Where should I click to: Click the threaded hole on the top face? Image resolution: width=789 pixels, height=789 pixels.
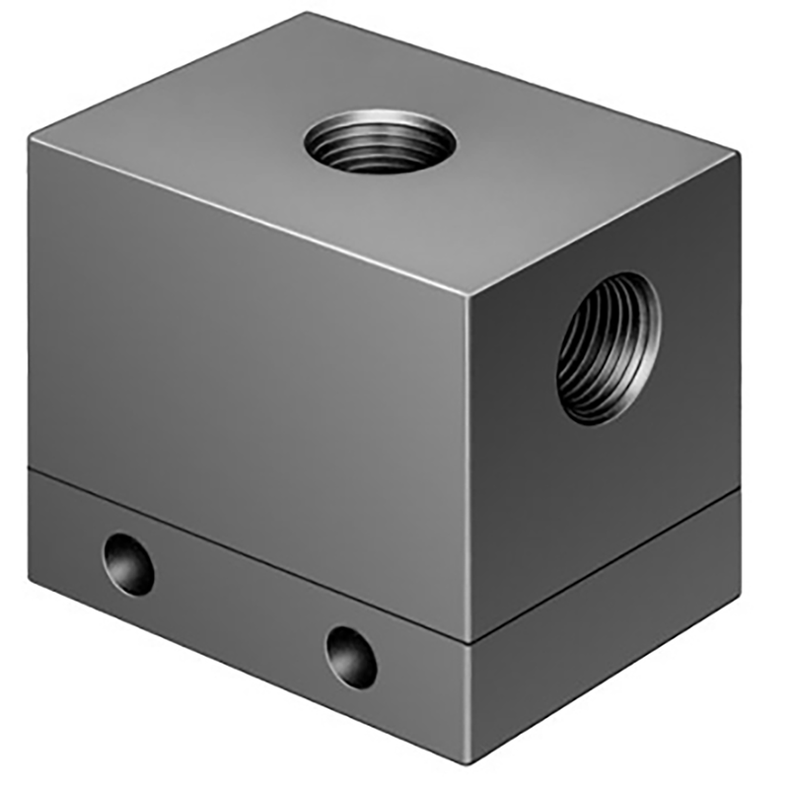coord(380,143)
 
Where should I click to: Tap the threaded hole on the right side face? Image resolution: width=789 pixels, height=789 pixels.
coord(609,348)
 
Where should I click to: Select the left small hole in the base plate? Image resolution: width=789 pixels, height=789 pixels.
coord(129,563)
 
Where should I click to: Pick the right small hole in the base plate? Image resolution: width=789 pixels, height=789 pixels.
coord(352,657)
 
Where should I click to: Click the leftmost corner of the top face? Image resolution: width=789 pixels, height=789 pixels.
coord(31,138)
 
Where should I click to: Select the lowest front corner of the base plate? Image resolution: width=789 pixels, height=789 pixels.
coord(467,762)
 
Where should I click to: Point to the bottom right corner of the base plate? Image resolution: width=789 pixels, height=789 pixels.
coord(740,602)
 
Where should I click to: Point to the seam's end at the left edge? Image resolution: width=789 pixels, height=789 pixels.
coord(30,466)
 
